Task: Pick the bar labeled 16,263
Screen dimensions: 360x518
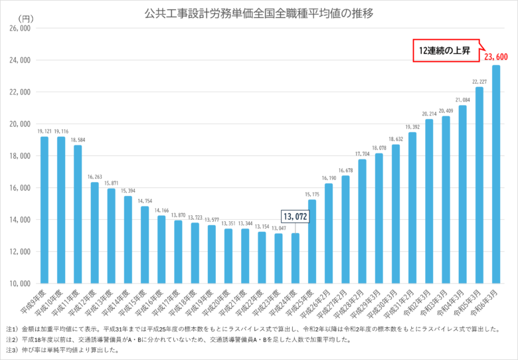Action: pyautogui.click(x=95, y=232)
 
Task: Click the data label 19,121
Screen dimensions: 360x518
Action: pyautogui.click(x=44, y=132)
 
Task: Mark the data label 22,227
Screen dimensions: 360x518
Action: pyautogui.click(x=479, y=82)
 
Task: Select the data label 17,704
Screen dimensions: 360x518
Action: pyautogui.click(x=362, y=154)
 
